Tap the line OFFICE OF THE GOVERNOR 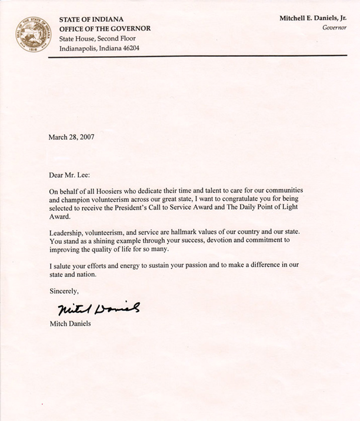pyautogui.click(x=105, y=29)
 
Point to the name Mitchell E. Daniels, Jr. pyautogui.click(x=312, y=18)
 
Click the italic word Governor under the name pyautogui.click(x=334, y=28)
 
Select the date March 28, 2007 pyautogui.click(x=72, y=137)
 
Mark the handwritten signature pyautogui.click(x=99, y=309)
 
